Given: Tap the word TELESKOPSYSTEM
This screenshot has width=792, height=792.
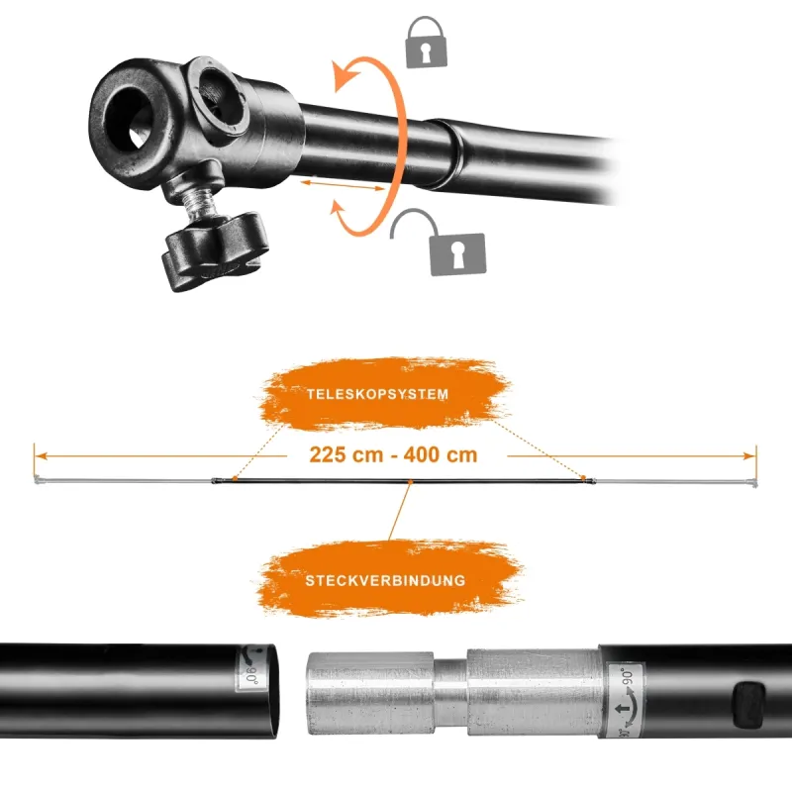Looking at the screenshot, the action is pos(377,394).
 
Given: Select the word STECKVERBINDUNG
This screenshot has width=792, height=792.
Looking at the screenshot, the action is pos(385,580).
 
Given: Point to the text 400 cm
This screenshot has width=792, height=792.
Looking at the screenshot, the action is pos(441,454).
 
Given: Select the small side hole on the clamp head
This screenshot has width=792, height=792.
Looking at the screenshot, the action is pos(220,96).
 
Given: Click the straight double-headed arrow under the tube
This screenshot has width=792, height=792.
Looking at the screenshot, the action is pos(343,185).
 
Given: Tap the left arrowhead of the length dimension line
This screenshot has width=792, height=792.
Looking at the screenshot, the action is pos(41,456).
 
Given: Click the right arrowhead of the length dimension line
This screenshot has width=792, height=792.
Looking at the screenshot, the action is pos(750,456).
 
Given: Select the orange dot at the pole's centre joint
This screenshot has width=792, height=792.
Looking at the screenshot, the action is pos(410,482).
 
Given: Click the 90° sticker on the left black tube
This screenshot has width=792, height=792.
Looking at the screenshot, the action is pos(248,668).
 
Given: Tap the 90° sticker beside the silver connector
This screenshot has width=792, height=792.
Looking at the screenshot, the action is pos(627,700).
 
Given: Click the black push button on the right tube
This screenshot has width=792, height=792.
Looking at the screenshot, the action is pos(748,705).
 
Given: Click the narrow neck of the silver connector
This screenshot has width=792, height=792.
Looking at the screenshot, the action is pos(450,693).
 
